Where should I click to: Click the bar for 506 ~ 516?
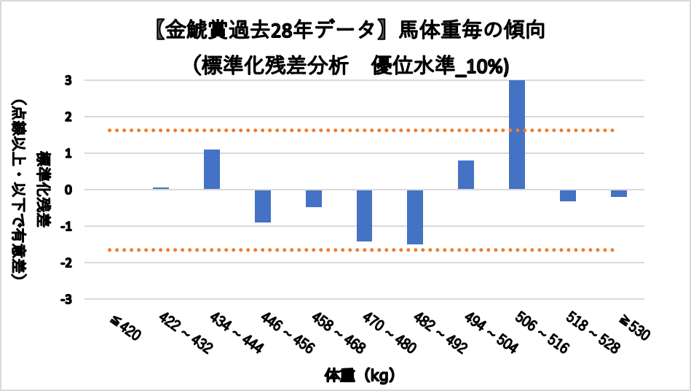coord(517,135)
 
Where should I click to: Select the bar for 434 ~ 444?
coord(212,169)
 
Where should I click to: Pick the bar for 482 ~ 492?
coord(415,217)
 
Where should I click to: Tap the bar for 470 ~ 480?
coord(364,215)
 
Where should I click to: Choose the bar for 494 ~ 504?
coord(466,175)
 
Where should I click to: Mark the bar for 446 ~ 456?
coord(263,206)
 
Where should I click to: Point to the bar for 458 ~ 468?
coord(314,198)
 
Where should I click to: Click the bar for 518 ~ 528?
coord(568,195)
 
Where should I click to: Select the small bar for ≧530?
coord(619,193)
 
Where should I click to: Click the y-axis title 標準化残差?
coord(46,190)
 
